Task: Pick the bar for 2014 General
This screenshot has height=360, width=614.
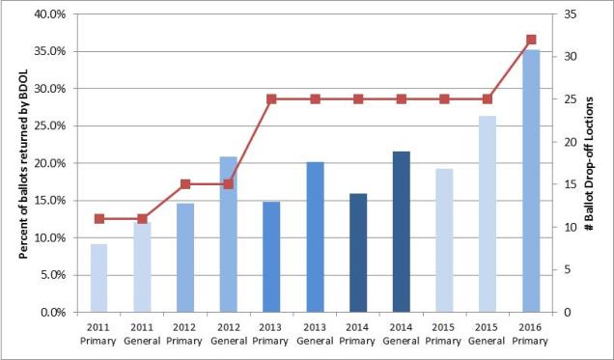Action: (x=401, y=232)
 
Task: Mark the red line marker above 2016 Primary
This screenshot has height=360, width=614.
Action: (x=530, y=40)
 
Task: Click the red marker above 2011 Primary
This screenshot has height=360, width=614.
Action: (x=98, y=219)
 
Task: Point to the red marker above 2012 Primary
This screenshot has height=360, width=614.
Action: (x=185, y=184)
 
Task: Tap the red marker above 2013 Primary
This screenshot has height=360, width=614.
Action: (x=271, y=99)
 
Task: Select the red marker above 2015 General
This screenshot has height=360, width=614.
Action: (x=487, y=99)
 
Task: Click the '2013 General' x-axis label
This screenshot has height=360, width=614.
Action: (x=315, y=333)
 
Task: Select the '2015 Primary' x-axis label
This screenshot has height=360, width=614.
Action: (x=443, y=333)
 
